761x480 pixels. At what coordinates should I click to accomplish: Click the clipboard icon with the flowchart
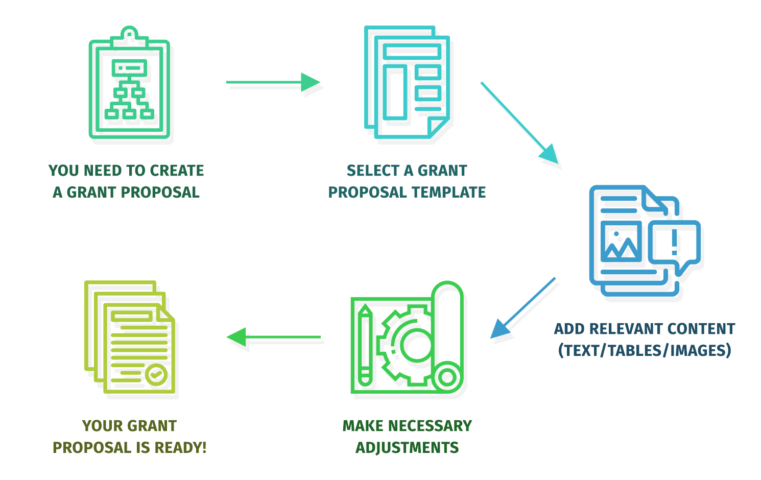pyautogui.click(x=129, y=87)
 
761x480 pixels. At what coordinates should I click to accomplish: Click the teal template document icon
pyautogui.click(x=407, y=82)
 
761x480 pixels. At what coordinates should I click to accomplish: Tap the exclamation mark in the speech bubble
pyautogui.click(x=674, y=242)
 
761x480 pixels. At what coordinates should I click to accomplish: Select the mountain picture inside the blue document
pyautogui.click(x=621, y=243)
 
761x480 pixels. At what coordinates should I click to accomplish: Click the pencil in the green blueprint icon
pyautogui.click(x=365, y=345)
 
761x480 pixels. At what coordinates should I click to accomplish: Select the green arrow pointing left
pyautogui.click(x=274, y=337)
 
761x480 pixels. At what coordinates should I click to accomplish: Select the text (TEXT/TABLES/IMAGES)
pyautogui.click(x=645, y=351)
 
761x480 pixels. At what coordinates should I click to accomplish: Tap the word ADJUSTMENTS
pyautogui.click(x=407, y=448)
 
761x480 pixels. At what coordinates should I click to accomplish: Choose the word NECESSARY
pyautogui.click(x=429, y=426)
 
